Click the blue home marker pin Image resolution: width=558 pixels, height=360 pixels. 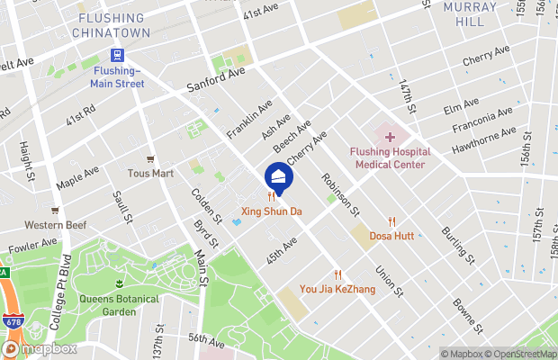coord(278,177)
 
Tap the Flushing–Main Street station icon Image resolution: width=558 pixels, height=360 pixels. coord(116,54)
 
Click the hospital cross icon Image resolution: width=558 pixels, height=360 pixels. coord(390,137)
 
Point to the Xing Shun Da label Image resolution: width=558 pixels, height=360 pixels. coord(269,213)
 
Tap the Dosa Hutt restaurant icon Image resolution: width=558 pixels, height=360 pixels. coord(391,221)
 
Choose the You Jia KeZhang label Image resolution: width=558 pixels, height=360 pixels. coord(337,290)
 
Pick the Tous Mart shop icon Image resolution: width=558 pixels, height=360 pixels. coord(150,158)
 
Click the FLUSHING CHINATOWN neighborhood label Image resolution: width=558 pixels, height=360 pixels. coord(111,24)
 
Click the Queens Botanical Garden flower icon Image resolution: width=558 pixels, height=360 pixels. coord(119,284)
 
